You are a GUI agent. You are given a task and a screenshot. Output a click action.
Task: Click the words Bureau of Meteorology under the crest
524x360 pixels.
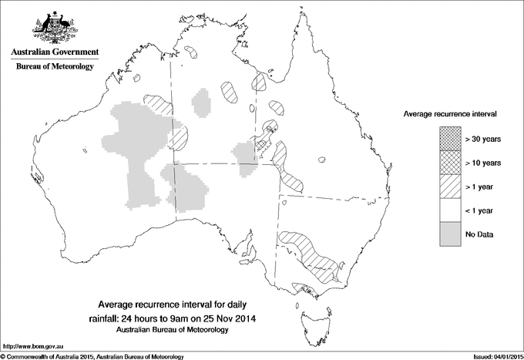54,67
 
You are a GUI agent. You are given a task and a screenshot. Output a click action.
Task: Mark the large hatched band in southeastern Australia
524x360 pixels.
308,254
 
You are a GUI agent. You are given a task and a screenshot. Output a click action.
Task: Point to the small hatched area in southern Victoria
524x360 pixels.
307,291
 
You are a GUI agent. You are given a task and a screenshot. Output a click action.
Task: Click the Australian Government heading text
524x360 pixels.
54,52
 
